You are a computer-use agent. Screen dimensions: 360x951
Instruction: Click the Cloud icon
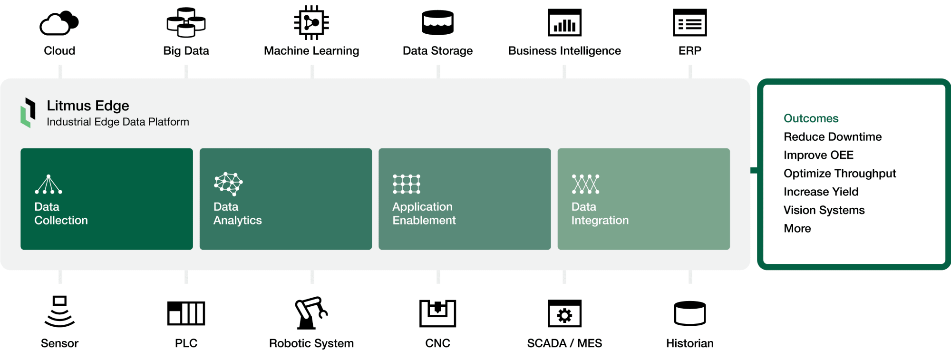(59, 23)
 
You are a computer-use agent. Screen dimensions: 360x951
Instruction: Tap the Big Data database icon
(186, 22)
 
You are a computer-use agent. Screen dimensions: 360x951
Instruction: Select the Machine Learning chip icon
(311, 22)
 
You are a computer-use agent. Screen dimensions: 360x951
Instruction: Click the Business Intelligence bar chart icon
(564, 22)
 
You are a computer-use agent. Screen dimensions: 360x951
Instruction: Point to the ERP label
(689, 51)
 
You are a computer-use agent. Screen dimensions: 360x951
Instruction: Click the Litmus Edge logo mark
(29, 113)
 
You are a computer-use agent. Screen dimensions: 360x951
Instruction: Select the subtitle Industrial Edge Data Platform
(117, 122)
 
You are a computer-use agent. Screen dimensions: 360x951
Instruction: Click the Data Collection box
(107, 199)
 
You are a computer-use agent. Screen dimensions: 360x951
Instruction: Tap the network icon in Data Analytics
(228, 184)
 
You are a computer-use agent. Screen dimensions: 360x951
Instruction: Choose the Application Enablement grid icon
(407, 184)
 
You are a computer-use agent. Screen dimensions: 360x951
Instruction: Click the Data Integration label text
(600, 214)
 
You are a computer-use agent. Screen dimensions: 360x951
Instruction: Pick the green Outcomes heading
(811, 118)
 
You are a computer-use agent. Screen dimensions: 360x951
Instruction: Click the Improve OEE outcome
(818, 155)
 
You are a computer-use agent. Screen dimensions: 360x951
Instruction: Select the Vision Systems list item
(824, 210)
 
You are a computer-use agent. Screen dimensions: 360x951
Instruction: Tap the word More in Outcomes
(797, 229)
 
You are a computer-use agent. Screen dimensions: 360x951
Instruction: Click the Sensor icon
(59, 311)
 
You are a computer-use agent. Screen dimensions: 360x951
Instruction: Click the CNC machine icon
(437, 313)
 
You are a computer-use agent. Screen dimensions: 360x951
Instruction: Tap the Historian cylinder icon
(689, 313)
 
